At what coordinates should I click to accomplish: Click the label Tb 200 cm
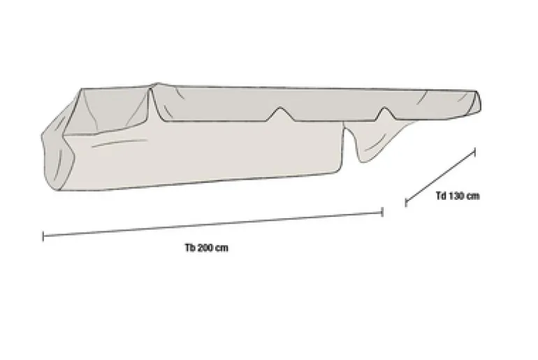click(207, 247)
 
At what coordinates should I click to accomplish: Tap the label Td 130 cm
click(458, 196)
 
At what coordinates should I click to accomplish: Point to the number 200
click(205, 247)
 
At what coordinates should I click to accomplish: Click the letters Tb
click(190, 247)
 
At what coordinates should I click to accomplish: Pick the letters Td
click(441, 196)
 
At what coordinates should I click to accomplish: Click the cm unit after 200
click(222, 247)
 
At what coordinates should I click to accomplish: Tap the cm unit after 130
click(474, 196)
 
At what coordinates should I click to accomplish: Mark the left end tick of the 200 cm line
click(43, 236)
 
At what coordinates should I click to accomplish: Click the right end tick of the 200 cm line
click(382, 212)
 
